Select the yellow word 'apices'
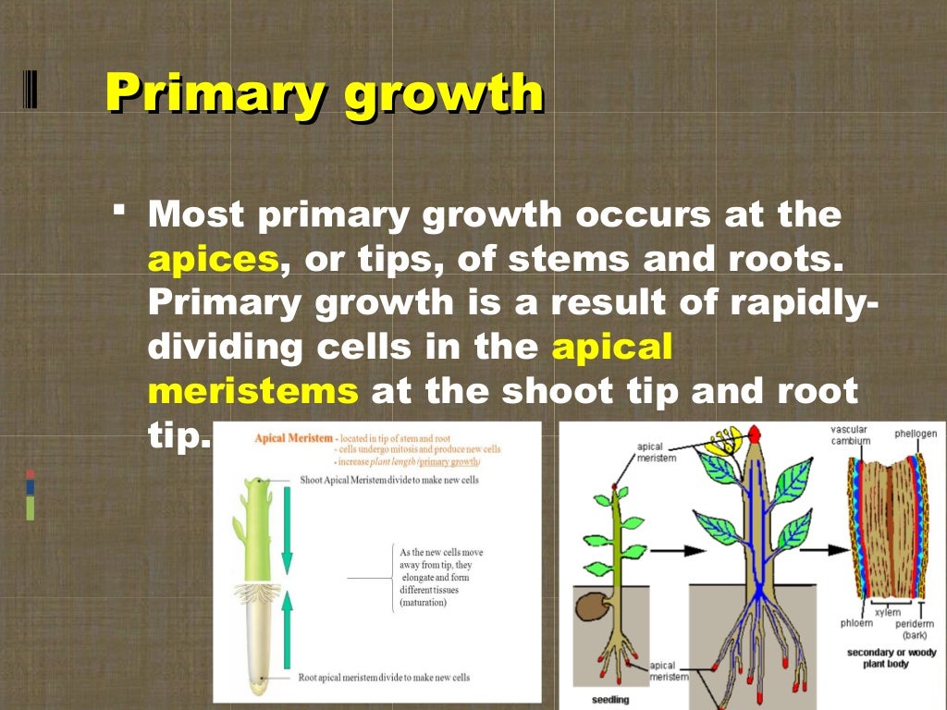pos(214,260)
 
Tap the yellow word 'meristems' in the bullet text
pos(252,390)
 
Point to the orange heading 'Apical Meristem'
pos(293,437)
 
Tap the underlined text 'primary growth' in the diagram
pos(449,460)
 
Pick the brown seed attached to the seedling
pos(593,606)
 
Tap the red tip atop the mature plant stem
pos(756,433)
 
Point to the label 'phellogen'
pos(915,434)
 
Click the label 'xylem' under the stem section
pos(887,613)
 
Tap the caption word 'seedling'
pos(611,699)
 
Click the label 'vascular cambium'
pos(849,435)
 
